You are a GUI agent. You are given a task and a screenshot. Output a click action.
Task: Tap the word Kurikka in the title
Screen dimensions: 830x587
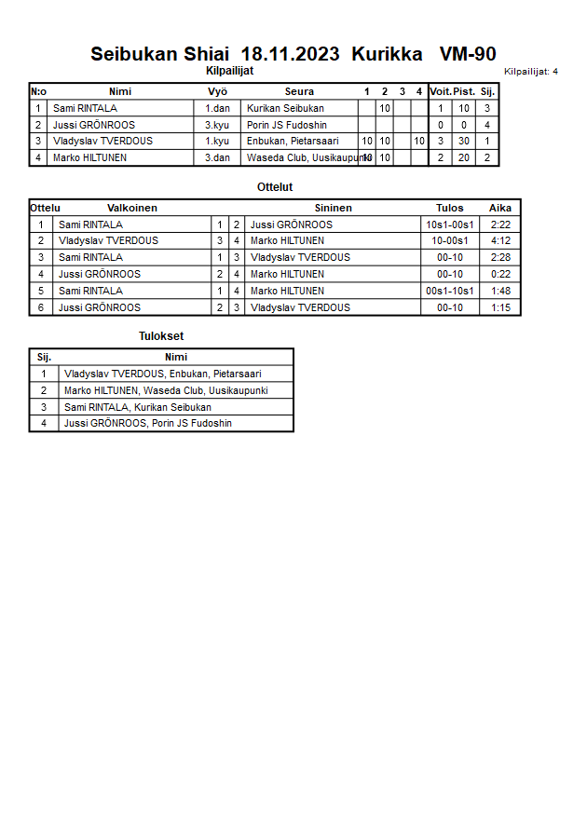pyautogui.click(x=388, y=54)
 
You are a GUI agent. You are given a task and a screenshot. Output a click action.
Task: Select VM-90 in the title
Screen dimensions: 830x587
pyautogui.click(x=468, y=54)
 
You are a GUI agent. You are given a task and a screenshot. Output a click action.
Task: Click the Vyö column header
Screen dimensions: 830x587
pyautogui.click(x=217, y=91)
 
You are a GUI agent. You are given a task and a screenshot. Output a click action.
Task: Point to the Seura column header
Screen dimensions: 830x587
pyautogui.click(x=299, y=91)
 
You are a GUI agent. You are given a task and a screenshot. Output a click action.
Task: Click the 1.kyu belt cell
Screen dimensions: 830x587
pyautogui.click(x=218, y=142)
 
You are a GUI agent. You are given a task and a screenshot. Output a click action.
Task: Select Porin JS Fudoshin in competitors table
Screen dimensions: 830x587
pyautogui.click(x=285, y=125)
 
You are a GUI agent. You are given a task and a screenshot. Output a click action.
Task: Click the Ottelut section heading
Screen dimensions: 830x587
pyautogui.click(x=275, y=187)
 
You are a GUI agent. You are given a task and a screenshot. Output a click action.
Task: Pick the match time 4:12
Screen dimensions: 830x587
pyautogui.click(x=500, y=241)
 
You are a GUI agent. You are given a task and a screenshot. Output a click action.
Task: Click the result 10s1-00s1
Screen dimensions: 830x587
pyautogui.click(x=450, y=225)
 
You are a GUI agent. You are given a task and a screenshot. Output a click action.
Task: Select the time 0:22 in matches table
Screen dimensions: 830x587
pyautogui.click(x=500, y=275)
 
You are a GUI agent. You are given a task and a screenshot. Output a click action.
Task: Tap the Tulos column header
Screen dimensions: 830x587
pyautogui.click(x=450, y=208)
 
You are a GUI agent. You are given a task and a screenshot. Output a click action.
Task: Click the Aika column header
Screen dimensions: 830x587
pyautogui.click(x=500, y=208)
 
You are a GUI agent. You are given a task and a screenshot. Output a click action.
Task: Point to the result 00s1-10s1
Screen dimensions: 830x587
pyautogui.click(x=450, y=292)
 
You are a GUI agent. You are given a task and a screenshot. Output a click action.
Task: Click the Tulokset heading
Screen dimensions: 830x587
pyautogui.click(x=161, y=336)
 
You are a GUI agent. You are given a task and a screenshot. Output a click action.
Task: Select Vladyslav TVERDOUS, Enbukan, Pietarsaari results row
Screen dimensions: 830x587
pyautogui.click(x=162, y=374)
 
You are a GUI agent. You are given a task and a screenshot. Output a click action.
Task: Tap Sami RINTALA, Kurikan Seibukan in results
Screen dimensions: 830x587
pyautogui.click(x=137, y=407)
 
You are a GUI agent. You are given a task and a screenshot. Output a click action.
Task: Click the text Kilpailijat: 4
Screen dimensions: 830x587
pyautogui.click(x=531, y=72)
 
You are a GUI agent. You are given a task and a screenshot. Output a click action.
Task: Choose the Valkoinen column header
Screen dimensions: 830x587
pyautogui.click(x=132, y=208)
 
